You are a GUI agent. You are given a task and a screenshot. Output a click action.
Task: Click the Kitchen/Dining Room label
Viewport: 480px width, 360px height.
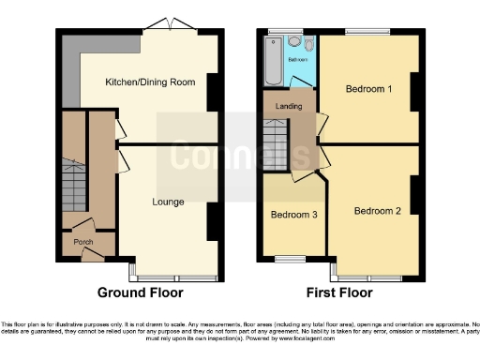tap(150, 82)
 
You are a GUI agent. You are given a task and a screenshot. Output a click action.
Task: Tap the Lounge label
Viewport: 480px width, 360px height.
tap(169, 202)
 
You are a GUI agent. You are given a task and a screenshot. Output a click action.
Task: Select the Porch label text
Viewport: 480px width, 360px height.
tap(83, 240)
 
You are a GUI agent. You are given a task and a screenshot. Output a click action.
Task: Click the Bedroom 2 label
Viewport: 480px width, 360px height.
tap(377, 211)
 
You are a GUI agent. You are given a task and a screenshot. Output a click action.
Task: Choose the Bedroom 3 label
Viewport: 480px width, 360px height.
tap(293, 215)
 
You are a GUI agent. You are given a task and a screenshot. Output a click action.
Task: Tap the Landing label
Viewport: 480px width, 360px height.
tap(289, 107)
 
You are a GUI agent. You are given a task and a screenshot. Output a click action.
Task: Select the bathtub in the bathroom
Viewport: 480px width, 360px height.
tap(273, 64)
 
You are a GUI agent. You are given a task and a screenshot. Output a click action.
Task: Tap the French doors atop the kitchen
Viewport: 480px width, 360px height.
tap(171, 25)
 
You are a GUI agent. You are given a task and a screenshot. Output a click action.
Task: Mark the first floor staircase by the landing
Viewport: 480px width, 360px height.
tap(274, 148)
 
